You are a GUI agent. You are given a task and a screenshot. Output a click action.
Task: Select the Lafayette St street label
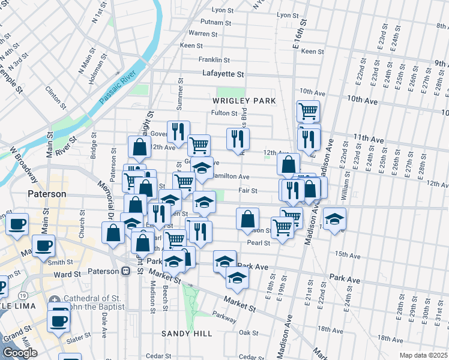[x=223, y=74]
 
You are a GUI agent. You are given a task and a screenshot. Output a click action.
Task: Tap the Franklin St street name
[x=214, y=60]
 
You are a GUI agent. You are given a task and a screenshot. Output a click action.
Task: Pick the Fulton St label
[x=224, y=113]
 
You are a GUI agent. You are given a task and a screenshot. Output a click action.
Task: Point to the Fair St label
[x=247, y=191]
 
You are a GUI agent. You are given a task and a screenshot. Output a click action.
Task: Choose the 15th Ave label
[x=347, y=254]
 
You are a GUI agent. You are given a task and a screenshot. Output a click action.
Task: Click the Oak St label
[x=248, y=332]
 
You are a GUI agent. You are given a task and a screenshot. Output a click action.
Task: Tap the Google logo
[x=19, y=353]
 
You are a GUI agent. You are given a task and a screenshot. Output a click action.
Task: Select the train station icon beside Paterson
[x=126, y=271]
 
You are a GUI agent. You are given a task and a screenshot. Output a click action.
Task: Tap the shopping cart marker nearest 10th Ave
[x=307, y=111]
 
